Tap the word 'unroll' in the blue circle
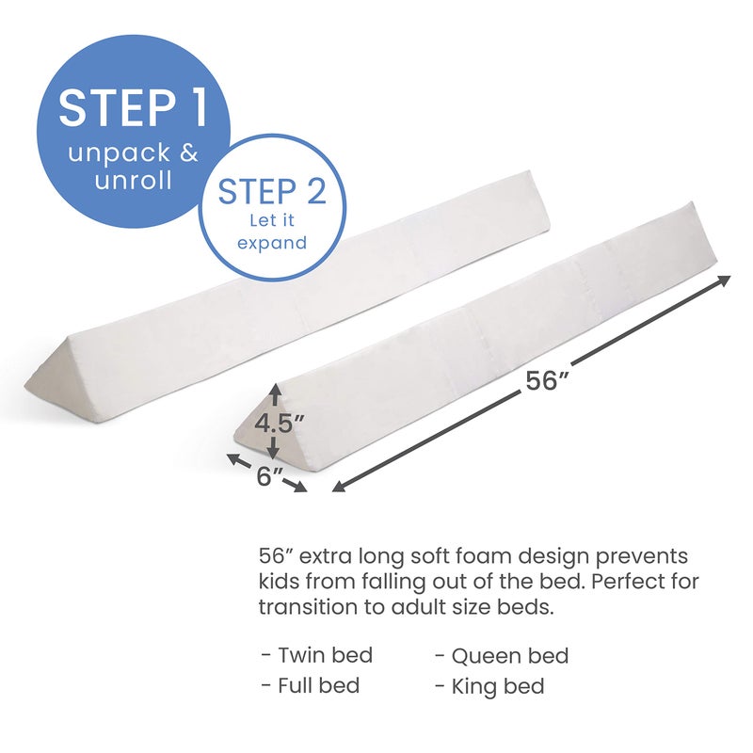tap(132, 180)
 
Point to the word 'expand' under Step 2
tap(272, 243)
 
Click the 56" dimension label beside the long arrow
tap(547, 381)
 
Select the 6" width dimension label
tap(269, 476)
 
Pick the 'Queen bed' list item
tap(509, 655)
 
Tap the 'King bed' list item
tap(498, 685)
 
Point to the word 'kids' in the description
tap(278, 581)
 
